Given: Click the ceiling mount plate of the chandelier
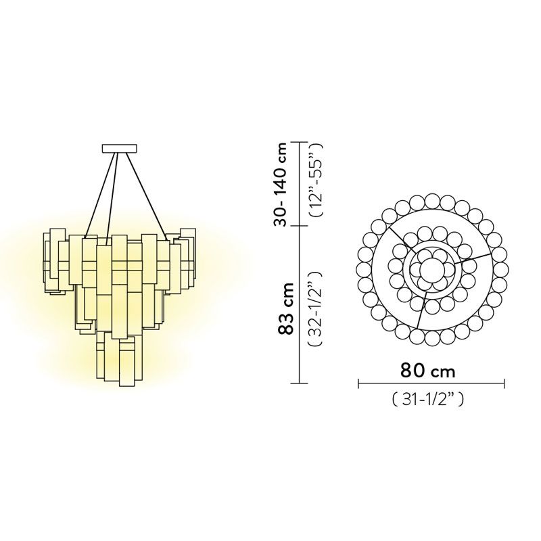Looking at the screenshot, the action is (120, 148).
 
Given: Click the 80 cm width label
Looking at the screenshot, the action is (428, 371).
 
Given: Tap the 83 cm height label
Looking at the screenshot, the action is (285, 308).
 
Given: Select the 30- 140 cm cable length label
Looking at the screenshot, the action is (280, 184).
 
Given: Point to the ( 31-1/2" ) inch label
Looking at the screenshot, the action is (428, 400).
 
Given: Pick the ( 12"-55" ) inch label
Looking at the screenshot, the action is (316, 179).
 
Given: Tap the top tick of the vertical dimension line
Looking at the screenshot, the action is (299, 142).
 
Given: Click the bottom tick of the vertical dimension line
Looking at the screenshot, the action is (299, 383).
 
